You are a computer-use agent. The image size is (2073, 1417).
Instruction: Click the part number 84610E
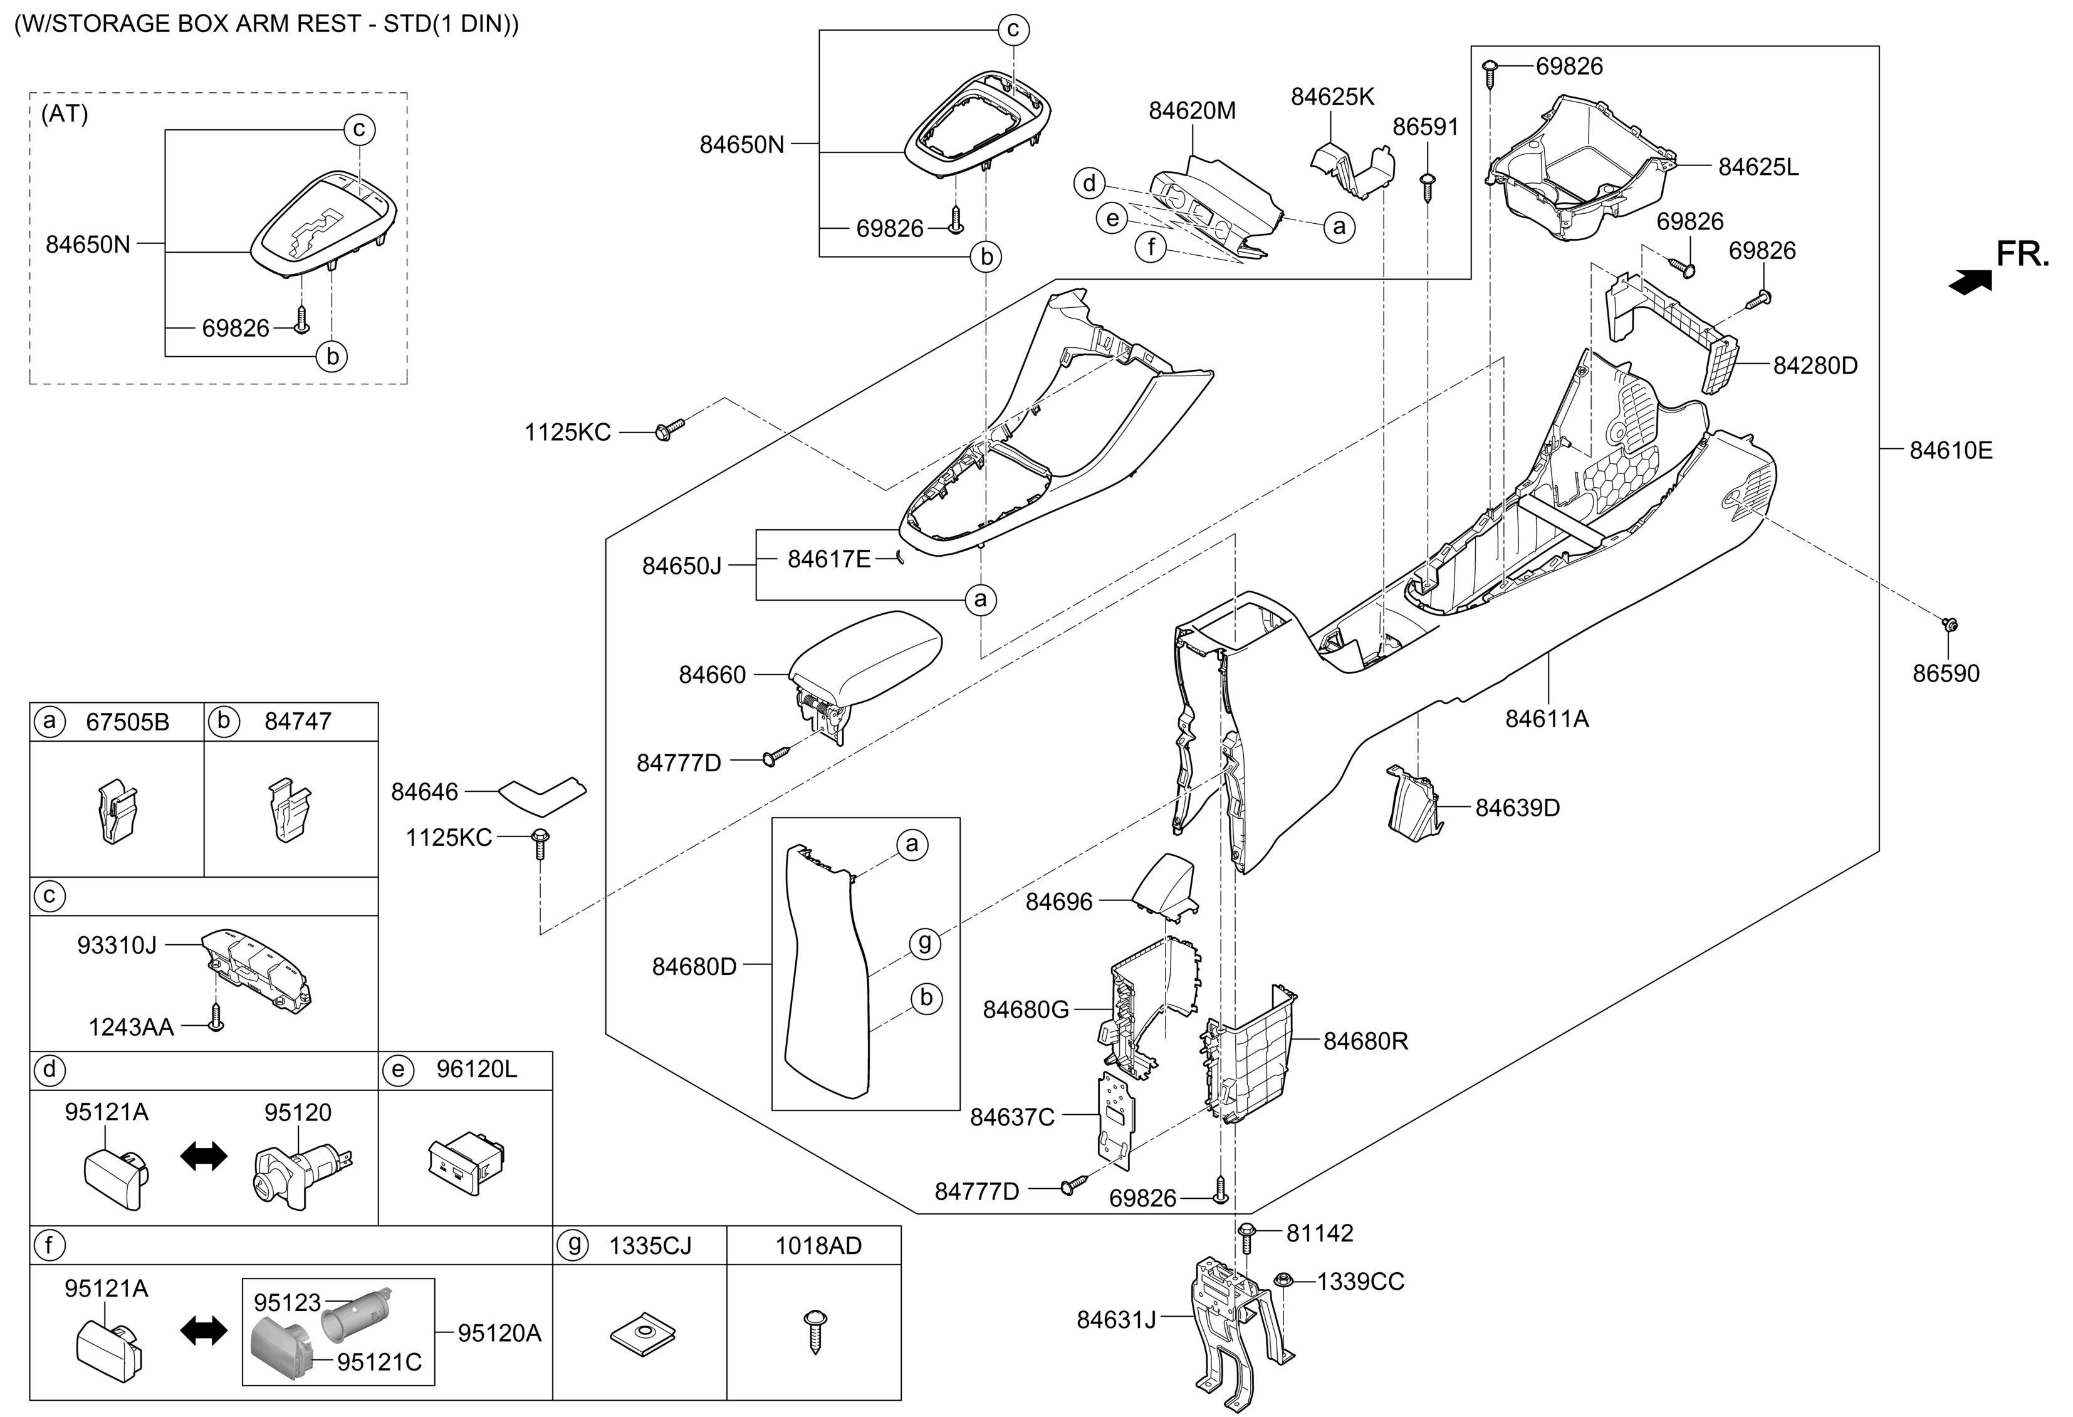(1950, 451)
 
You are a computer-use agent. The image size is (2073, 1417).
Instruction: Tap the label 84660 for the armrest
(712, 675)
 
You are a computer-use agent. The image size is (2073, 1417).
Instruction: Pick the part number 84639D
(1517, 808)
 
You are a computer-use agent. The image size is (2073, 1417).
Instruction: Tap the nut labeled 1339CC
(1285, 1280)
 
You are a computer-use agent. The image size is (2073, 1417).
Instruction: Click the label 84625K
(1333, 97)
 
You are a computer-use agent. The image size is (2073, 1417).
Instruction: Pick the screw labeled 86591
(1426, 186)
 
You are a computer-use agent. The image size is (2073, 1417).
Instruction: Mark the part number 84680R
(1365, 1041)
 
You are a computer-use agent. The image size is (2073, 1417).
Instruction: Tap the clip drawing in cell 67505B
(117, 810)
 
